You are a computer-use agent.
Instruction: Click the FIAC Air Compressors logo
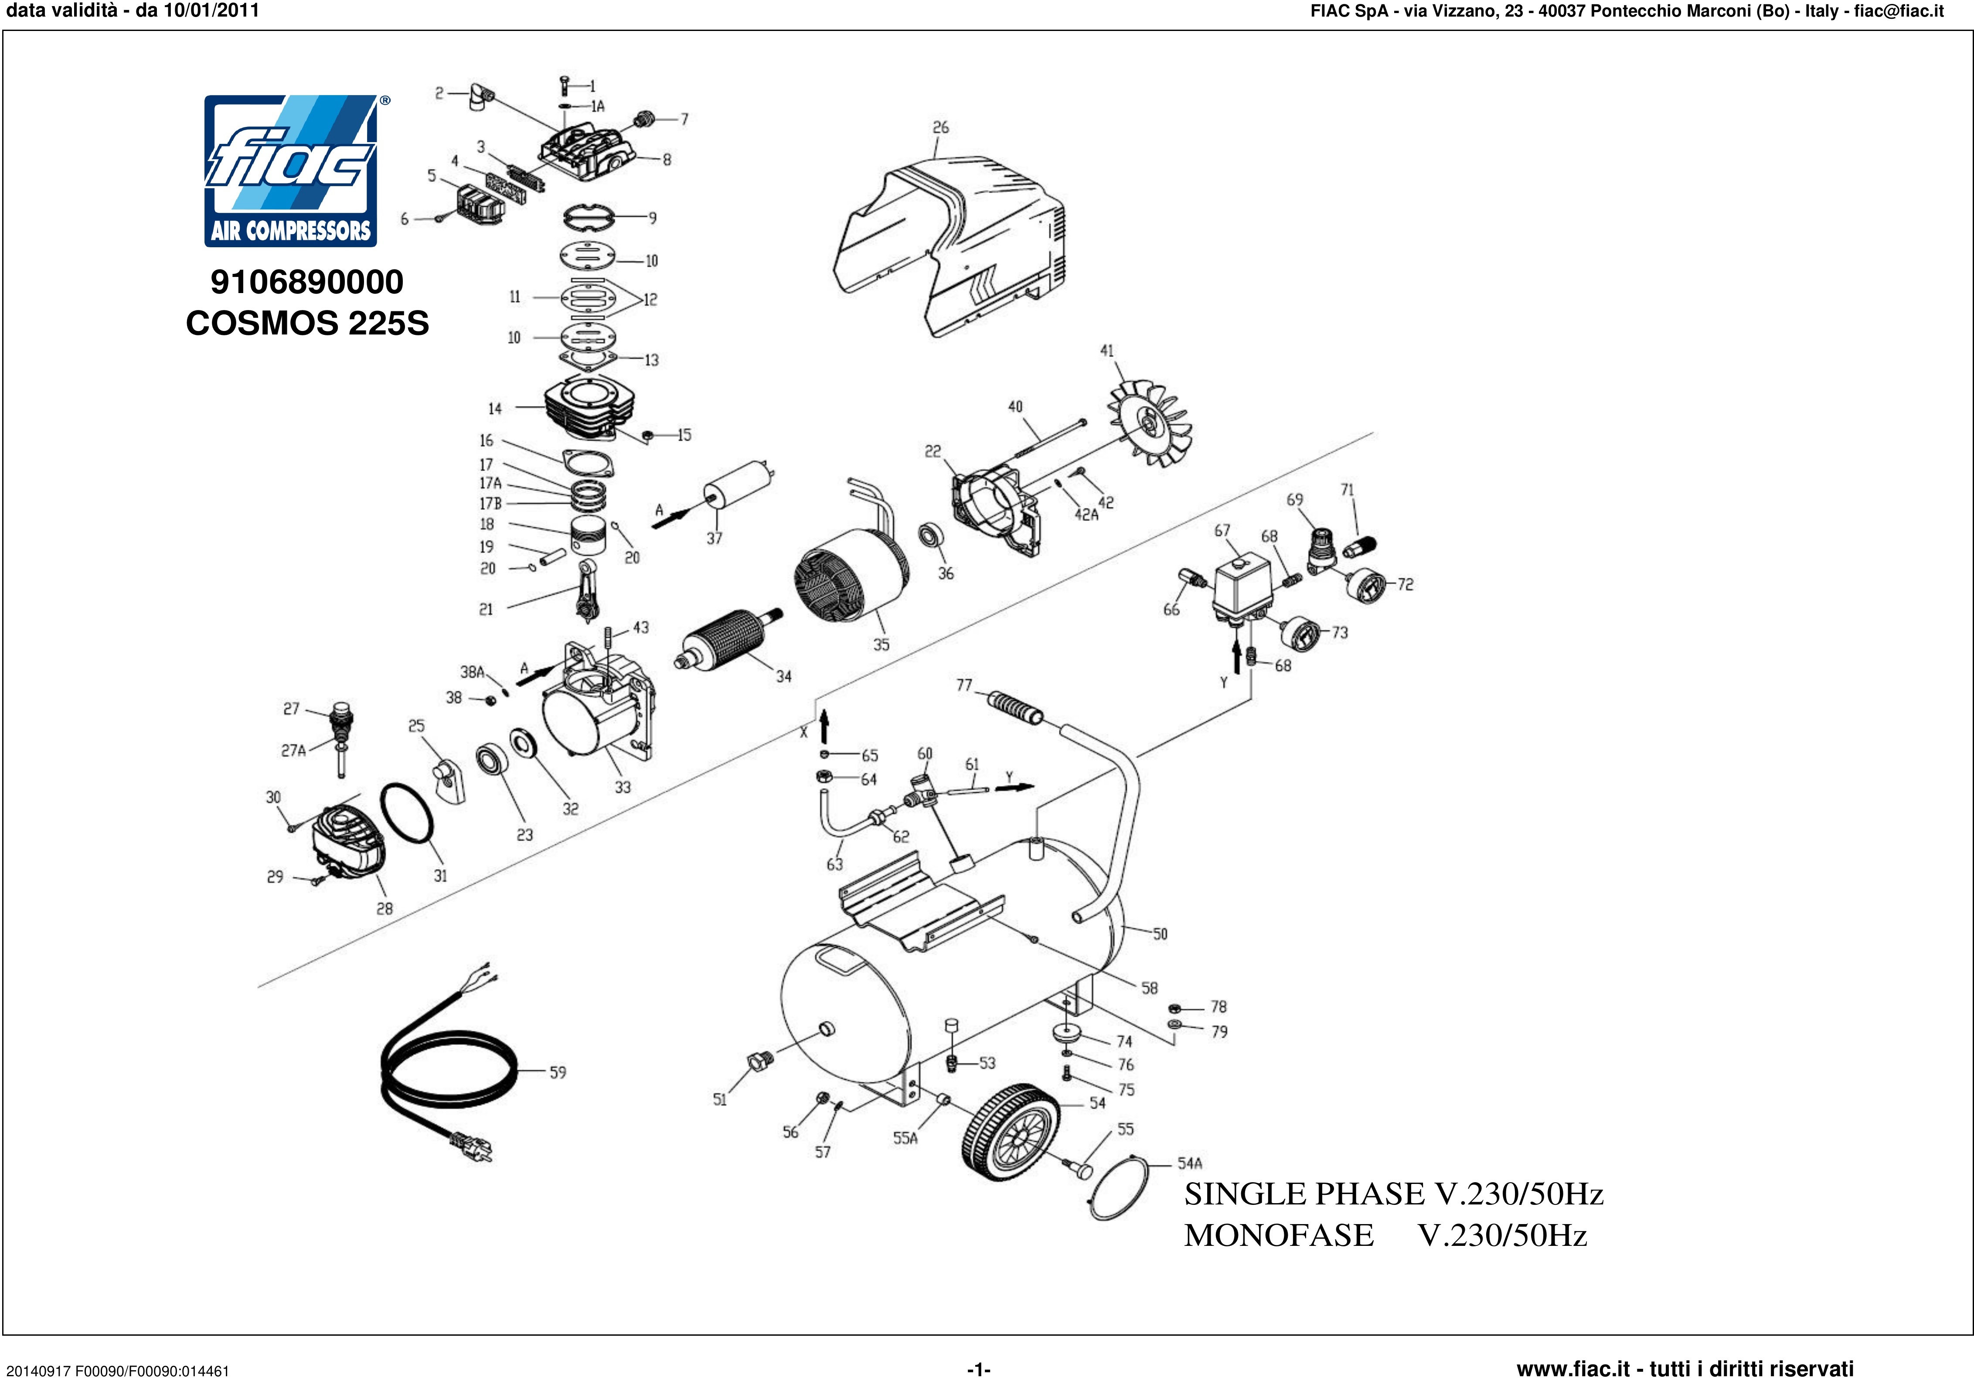(291, 171)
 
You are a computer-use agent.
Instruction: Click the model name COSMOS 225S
(307, 324)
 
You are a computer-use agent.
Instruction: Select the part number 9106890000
(307, 282)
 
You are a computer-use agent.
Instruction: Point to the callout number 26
(941, 127)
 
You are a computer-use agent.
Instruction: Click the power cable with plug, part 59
(447, 1071)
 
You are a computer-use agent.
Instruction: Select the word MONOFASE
(1279, 1235)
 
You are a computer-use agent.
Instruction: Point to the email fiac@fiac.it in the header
(1898, 11)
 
